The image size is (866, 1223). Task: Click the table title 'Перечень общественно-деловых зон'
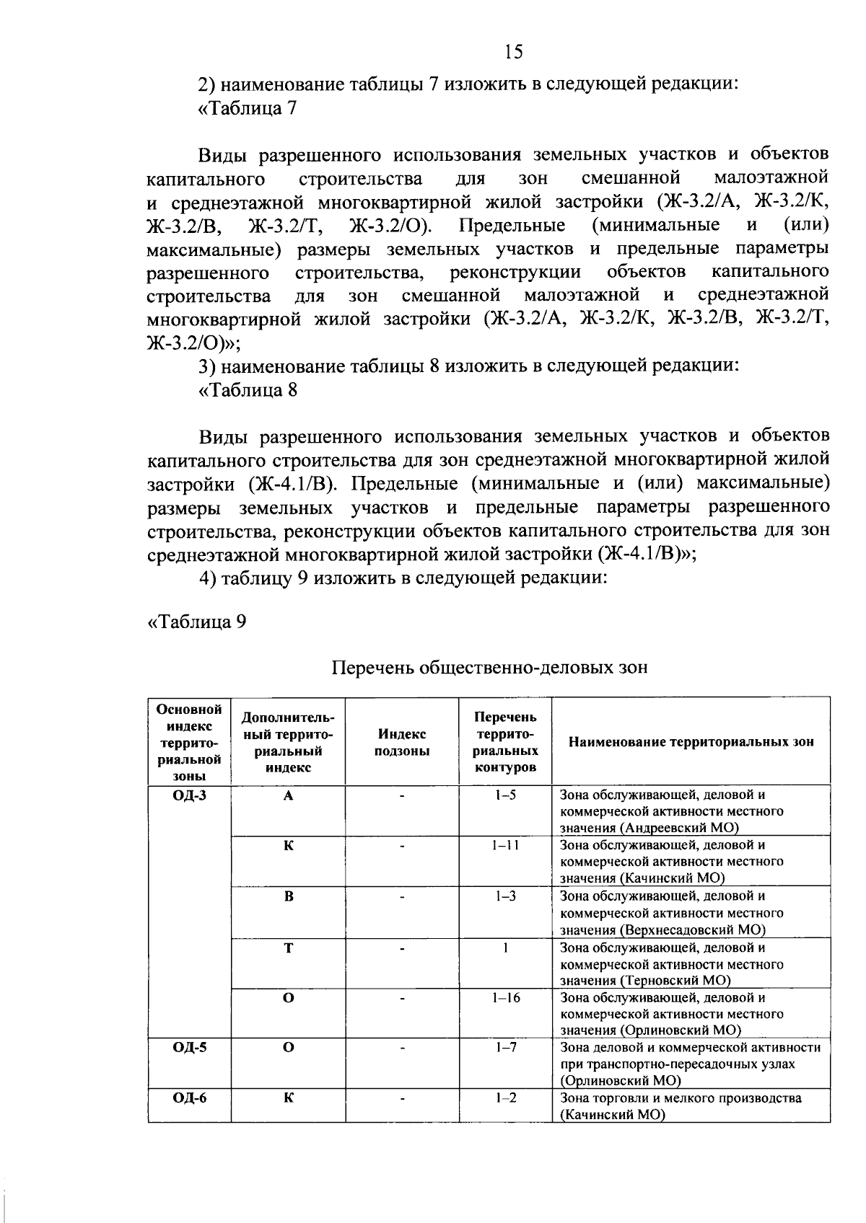pos(489,667)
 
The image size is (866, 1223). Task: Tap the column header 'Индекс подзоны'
pos(402,742)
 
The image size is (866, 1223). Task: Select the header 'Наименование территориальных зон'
pos(691,741)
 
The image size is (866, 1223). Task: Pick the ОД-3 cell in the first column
pos(189,796)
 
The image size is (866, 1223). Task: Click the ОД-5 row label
pos(189,1047)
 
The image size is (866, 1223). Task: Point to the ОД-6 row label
pos(189,1098)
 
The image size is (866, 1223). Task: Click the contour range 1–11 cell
pos(505,845)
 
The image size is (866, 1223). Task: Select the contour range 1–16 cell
pos(505,998)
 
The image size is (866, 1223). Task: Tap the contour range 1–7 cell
pos(505,1047)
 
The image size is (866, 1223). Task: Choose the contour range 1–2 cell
pos(505,1098)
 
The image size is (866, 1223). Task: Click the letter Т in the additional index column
pos(288,948)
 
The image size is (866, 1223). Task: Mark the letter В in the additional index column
pos(288,897)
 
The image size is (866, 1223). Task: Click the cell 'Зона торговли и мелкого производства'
pos(681,1098)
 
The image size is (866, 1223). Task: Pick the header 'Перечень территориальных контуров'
pos(505,742)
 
